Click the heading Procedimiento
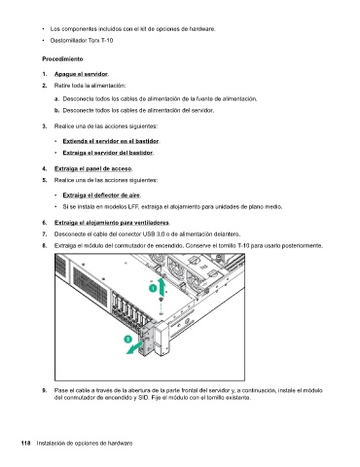point(62,59)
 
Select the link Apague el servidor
point(81,74)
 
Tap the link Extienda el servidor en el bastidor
point(111,141)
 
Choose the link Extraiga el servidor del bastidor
point(108,153)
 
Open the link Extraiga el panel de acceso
point(93,168)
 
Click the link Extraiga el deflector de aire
point(101,196)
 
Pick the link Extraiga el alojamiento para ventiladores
point(112,223)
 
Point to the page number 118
point(26,443)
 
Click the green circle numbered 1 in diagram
point(153,288)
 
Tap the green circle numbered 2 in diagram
point(128,340)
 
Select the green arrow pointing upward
point(162,286)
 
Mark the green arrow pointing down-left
point(133,347)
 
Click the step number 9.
point(45,390)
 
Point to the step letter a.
point(56,99)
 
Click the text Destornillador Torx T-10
point(82,41)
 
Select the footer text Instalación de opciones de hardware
point(85,443)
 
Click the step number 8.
point(45,246)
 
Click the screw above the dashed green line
point(161,300)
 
